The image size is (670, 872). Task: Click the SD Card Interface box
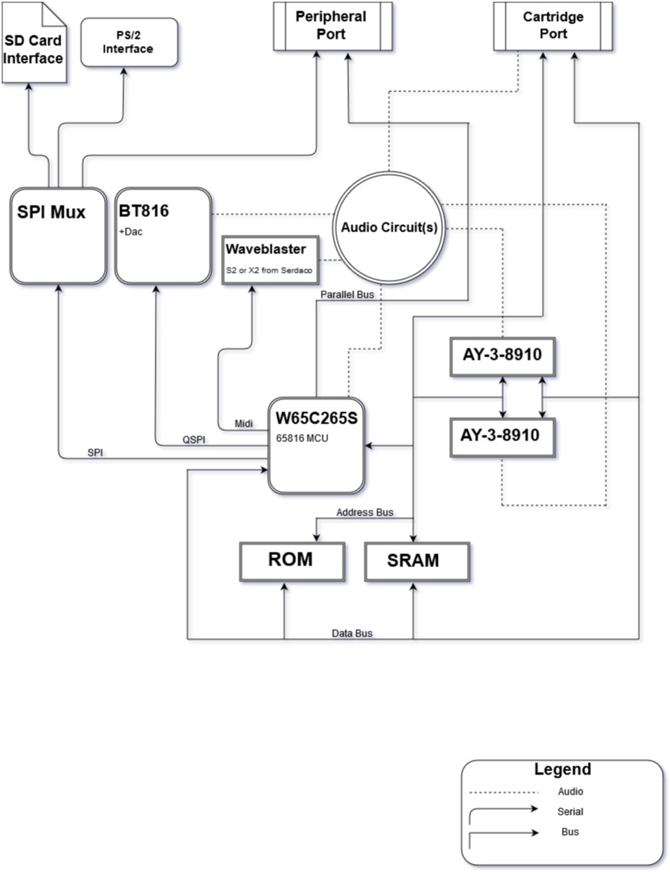pyautogui.click(x=34, y=48)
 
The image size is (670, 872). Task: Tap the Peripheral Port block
pyautogui.click(x=331, y=25)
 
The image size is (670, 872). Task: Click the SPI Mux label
pyautogui.click(x=52, y=212)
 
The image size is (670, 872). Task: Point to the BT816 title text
pyautogui.click(x=146, y=211)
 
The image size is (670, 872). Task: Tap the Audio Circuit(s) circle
pyautogui.click(x=389, y=227)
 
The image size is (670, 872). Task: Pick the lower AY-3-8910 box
pyautogui.click(x=502, y=436)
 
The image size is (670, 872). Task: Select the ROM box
pyautogui.click(x=292, y=560)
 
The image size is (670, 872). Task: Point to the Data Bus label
pyautogui.click(x=352, y=633)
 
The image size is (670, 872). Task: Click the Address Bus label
pyautogui.click(x=364, y=512)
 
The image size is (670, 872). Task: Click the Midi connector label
pyautogui.click(x=243, y=423)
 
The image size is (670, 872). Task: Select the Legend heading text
pyautogui.click(x=562, y=769)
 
